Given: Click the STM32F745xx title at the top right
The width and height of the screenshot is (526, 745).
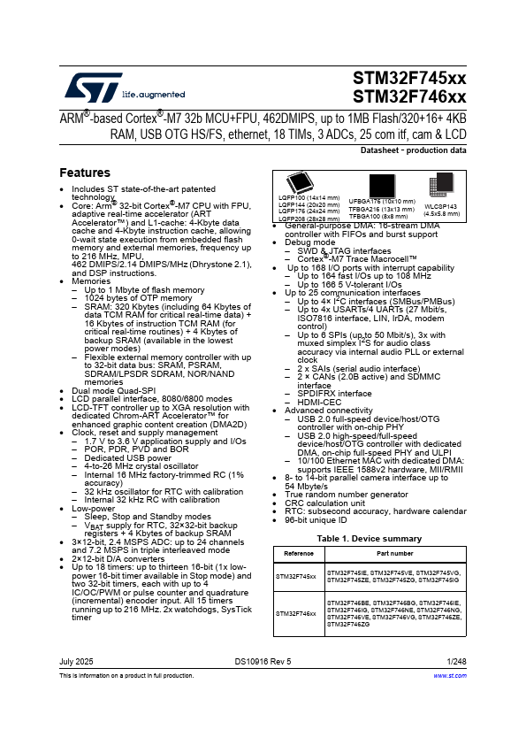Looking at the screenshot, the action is tap(409, 78).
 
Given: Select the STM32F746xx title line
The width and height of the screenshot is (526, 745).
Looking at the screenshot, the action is tap(409, 96).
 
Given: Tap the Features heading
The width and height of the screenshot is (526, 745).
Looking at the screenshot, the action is tap(85, 173).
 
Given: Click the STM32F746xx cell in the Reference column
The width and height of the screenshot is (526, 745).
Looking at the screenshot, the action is tap(298, 612).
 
